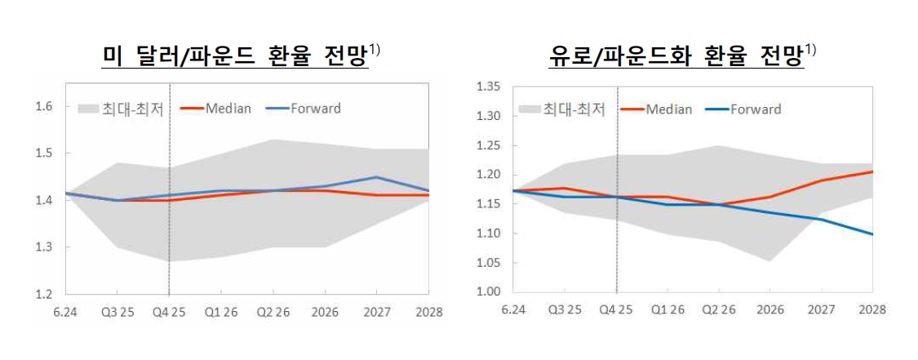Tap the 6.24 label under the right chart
[x=512, y=310]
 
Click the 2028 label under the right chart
[x=871, y=310]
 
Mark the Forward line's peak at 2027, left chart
[x=377, y=176]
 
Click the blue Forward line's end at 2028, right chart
[x=872, y=234]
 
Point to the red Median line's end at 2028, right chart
[x=872, y=171]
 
